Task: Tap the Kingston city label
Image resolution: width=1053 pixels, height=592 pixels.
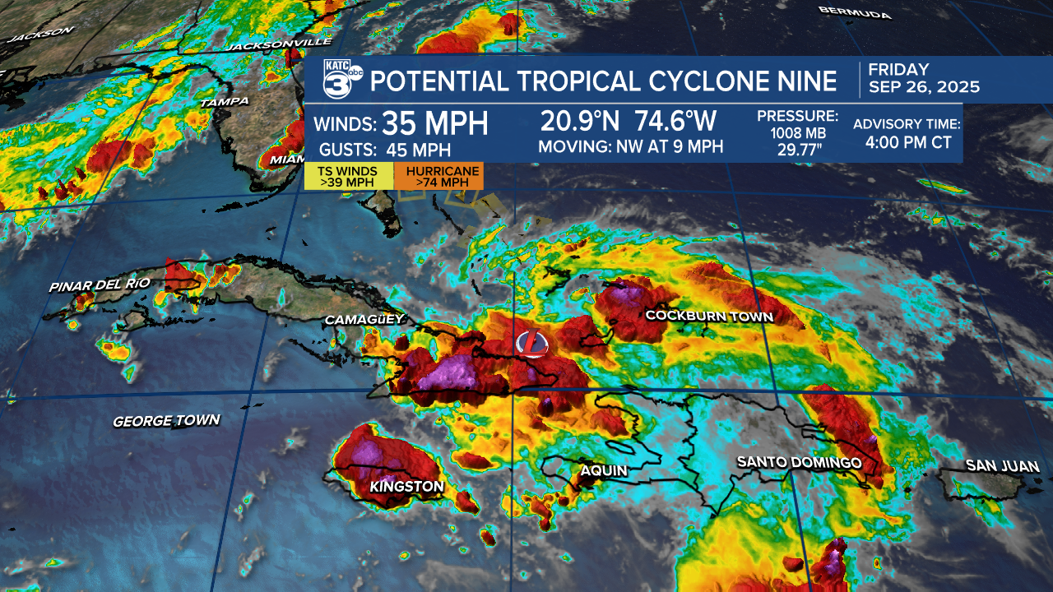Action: click(x=406, y=487)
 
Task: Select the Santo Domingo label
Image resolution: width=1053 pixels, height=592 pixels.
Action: click(x=799, y=463)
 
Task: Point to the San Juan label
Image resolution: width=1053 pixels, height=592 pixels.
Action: click(x=1002, y=466)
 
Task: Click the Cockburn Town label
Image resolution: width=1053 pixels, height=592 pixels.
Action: click(x=709, y=317)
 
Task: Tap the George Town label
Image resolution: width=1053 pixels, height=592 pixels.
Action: click(x=166, y=421)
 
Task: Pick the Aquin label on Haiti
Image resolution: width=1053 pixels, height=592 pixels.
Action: click(x=604, y=471)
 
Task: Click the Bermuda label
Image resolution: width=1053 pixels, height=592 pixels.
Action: click(x=855, y=13)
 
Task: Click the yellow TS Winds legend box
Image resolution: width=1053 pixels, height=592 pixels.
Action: click(x=349, y=176)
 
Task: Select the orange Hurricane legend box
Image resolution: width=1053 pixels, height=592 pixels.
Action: click(x=438, y=176)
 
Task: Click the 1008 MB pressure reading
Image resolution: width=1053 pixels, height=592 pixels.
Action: click(x=797, y=132)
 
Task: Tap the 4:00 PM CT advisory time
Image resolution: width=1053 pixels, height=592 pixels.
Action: click(x=908, y=142)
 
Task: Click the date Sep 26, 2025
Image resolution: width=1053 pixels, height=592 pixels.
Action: click(x=925, y=87)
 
